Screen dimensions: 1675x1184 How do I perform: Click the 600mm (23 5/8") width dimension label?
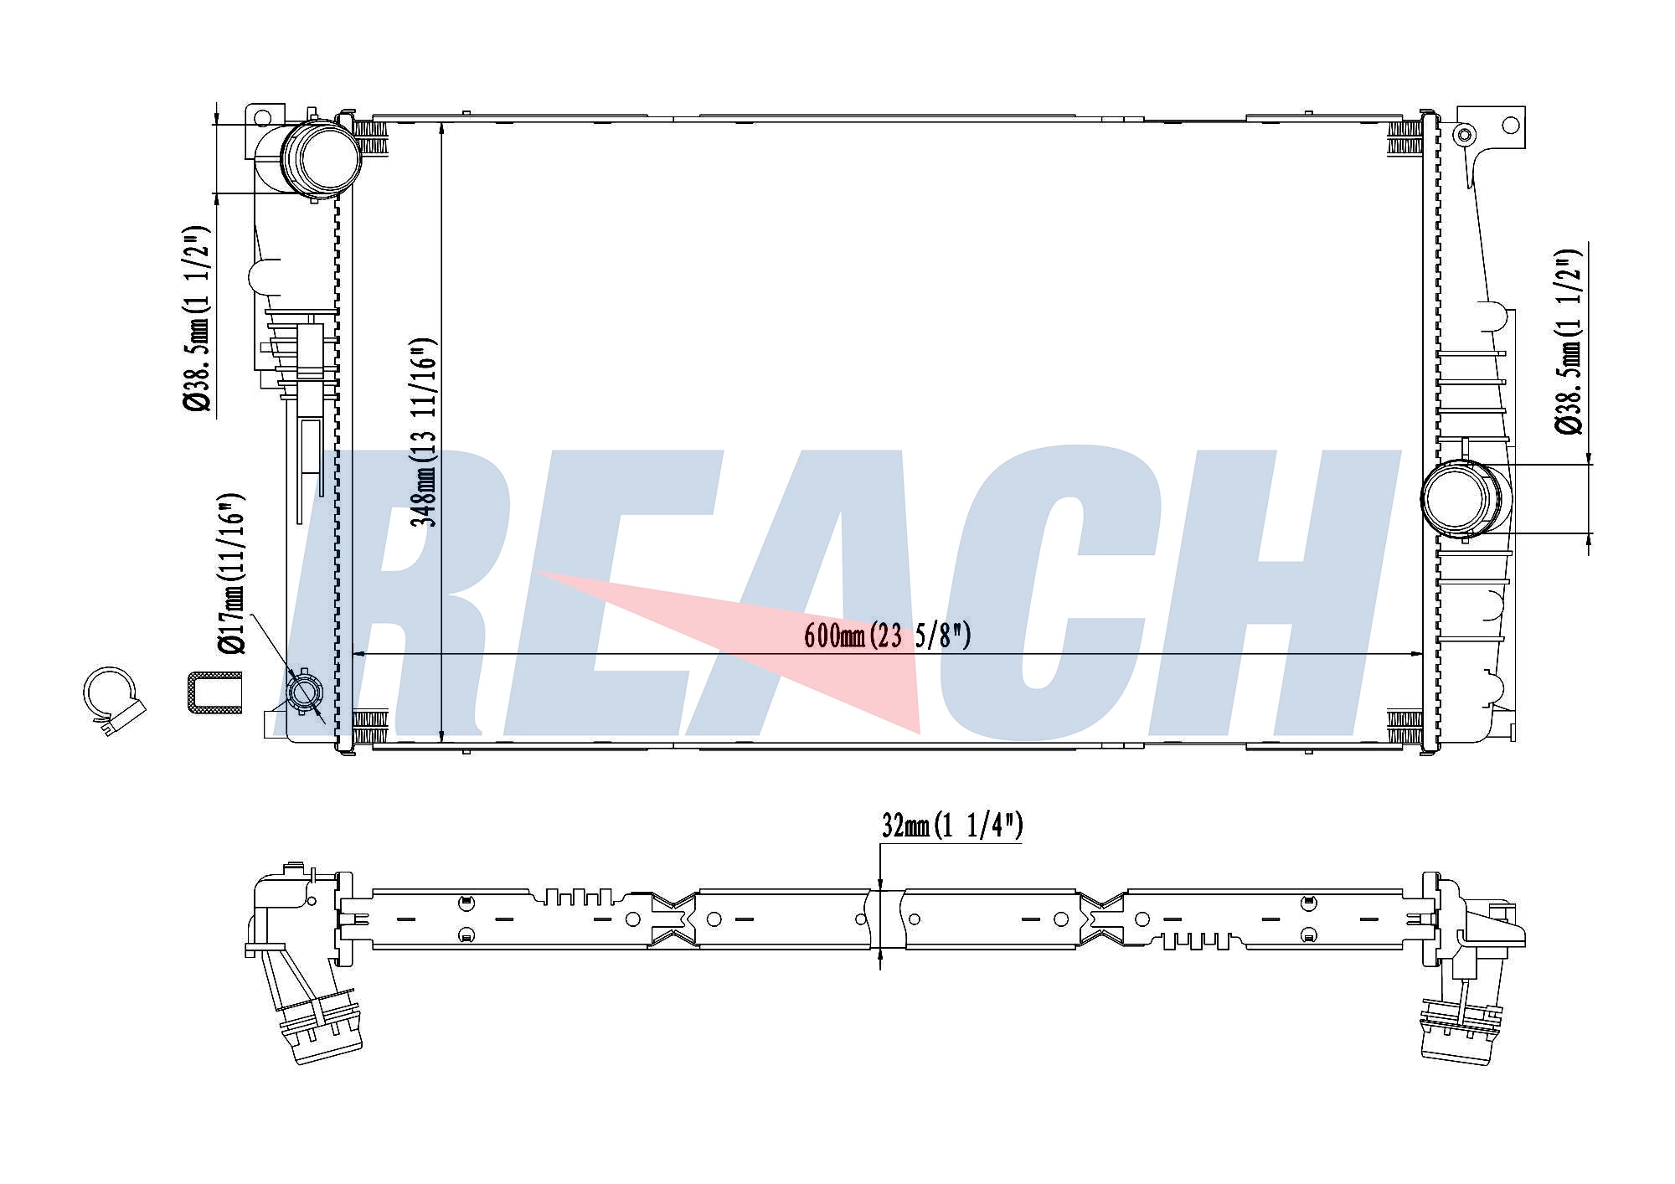coord(887,636)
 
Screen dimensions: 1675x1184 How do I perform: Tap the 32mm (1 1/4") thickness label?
coord(952,826)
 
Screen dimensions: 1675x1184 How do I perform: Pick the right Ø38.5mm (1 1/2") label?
coord(1569,341)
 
